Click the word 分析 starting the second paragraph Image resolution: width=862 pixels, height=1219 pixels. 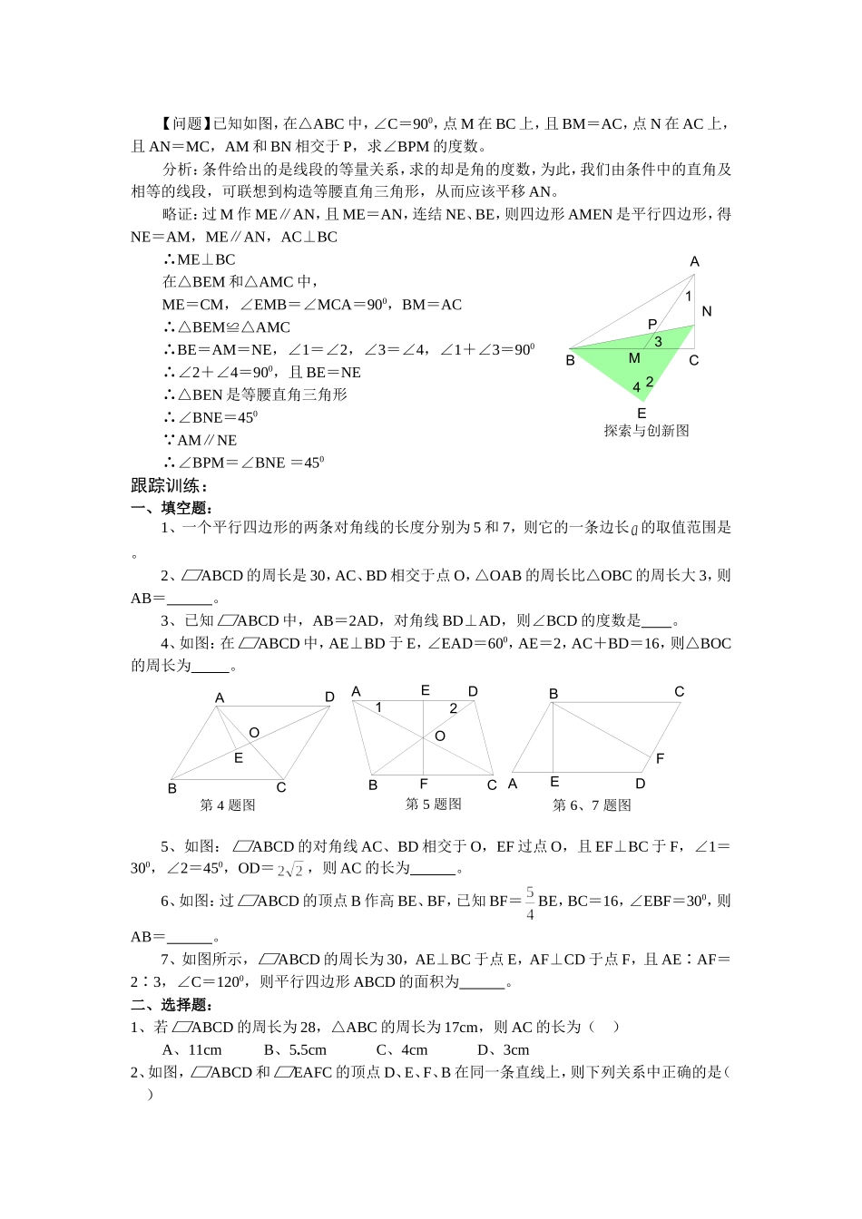pyautogui.click(x=177, y=170)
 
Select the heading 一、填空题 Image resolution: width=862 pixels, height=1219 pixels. pyautogui.click(x=171, y=508)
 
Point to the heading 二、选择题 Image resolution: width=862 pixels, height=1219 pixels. pyautogui.click(x=171, y=1004)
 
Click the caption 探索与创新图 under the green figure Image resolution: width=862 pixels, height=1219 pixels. pyautogui.click(x=646, y=431)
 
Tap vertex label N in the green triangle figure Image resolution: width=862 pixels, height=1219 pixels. pyautogui.click(x=707, y=311)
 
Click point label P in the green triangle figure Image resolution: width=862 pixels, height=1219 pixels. pyautogui.click(x=651, y=325)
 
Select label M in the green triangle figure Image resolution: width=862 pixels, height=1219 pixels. pyautogui.click(x=634, y=358)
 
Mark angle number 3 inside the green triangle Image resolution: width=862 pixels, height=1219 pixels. pyautogui.click(x=658, y=342)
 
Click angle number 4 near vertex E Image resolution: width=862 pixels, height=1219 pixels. pyautogui.click(x=637, y=387)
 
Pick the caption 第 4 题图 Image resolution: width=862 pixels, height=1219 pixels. pyautogui.click(x=228, y=805)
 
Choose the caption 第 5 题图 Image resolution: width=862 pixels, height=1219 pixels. pyautogui.click(x=433, y=805)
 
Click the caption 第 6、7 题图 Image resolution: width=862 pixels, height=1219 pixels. pyautogui.click(x=592, y=805)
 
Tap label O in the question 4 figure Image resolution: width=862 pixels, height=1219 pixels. pyautogui.click(x=254, y=733)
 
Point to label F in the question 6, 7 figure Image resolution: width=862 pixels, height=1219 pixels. pyautogui.click(x=660, y=758)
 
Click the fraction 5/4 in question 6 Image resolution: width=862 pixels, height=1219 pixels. pyautogui.click(x=530, y=903)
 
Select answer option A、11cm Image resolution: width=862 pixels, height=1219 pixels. pyautogui.click(x=191, y=1050)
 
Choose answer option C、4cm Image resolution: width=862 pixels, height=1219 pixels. pyautogui.click(x=401, y=1050)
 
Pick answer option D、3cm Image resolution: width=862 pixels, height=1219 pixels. pyautogui.click(x=503, y=1050)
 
